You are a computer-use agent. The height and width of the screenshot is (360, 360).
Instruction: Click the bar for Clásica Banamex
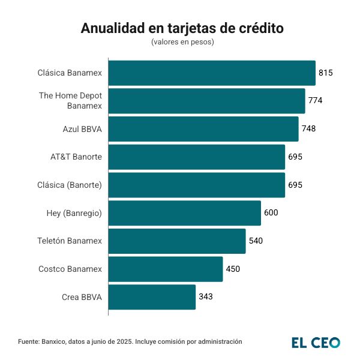pos(212,73)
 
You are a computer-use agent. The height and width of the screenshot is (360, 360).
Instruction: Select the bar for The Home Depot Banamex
pos(206,101)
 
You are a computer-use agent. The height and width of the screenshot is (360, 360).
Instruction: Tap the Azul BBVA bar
pos(203,128)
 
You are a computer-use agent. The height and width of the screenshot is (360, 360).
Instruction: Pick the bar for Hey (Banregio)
pos(185,213)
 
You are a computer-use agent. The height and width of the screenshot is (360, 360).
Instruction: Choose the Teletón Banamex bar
pos(177,241)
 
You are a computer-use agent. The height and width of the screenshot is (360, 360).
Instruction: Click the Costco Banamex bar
pos(166,269)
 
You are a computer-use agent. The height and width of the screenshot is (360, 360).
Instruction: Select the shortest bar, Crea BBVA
pos(152,297)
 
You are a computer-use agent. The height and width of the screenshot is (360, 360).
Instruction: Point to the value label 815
pos(326,73)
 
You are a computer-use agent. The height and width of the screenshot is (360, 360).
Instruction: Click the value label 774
pos(316,101)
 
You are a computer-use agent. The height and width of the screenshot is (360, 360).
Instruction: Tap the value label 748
pos(309,128)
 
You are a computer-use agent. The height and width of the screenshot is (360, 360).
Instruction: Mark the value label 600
pos(271,213)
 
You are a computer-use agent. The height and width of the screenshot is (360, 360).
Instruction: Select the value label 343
pos(206,297)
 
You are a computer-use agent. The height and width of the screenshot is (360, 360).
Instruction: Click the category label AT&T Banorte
pos(76,157)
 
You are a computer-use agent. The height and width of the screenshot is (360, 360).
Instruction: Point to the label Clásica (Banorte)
pos(70,185)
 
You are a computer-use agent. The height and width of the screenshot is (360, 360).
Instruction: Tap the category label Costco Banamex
pos(70,269)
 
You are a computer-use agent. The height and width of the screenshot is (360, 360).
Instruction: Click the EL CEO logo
pos(316,342)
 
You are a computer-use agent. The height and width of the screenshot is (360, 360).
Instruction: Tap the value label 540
pos(256,241)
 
